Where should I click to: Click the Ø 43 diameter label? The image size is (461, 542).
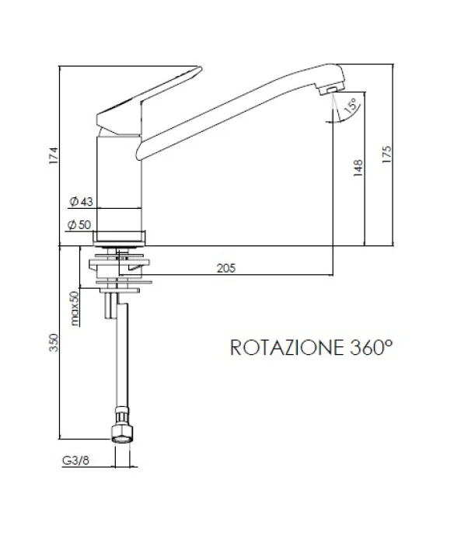tap(81, 202)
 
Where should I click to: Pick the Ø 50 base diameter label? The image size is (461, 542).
tap(81, 225)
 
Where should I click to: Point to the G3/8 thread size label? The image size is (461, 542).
tap(74, 460)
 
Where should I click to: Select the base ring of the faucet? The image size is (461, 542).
tap(120, 238)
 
